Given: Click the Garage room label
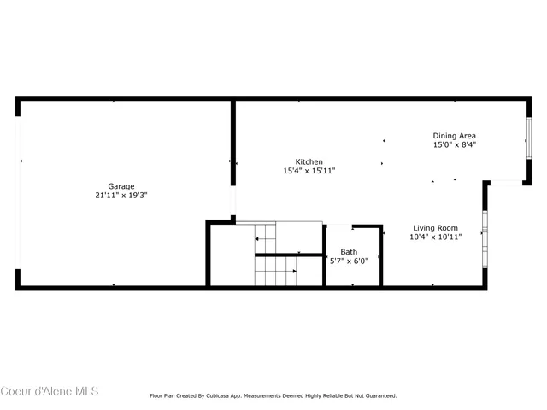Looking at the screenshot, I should tap(121, 186).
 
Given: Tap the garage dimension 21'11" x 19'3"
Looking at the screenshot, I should tap(121, 195).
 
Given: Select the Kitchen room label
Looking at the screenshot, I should tap(309, 161).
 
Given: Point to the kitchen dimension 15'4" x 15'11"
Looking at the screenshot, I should tap(309, 171).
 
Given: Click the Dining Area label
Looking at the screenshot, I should tap(454, 136).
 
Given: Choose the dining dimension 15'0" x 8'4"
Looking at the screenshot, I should tap(454, 145).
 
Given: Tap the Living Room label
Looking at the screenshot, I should tap(435, 228).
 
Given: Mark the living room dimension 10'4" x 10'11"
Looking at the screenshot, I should tap(435, 237).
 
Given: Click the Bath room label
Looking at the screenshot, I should tap(349, 252).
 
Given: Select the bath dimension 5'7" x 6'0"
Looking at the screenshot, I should tap(349, 261).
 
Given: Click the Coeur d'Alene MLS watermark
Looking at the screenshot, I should tap(50, 391).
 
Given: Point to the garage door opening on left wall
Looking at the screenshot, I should tap(19, 193).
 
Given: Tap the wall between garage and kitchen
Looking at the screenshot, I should tap(232, 145).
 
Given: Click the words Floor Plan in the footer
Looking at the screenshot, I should tap(164, 395).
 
